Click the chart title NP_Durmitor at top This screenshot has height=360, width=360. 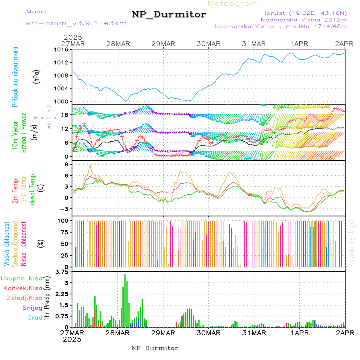pos(169,15)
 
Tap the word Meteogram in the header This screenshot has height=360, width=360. pos(233,4)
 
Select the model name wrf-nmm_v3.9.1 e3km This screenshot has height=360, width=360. pos(76,23)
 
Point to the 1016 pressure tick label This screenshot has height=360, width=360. pos(62,50)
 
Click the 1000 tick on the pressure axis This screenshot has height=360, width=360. pos(62,102)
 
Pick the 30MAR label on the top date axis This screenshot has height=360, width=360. pos(209,44)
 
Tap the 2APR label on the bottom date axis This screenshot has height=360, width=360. pos(345,333)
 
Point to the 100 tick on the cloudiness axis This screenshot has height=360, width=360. pos(63,220)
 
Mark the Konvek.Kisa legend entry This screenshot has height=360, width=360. pos(22,288)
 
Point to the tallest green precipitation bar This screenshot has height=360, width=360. pos(125,300)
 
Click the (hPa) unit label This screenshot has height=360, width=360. pos(36,76)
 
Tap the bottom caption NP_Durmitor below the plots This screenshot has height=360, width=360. pos(155,348)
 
